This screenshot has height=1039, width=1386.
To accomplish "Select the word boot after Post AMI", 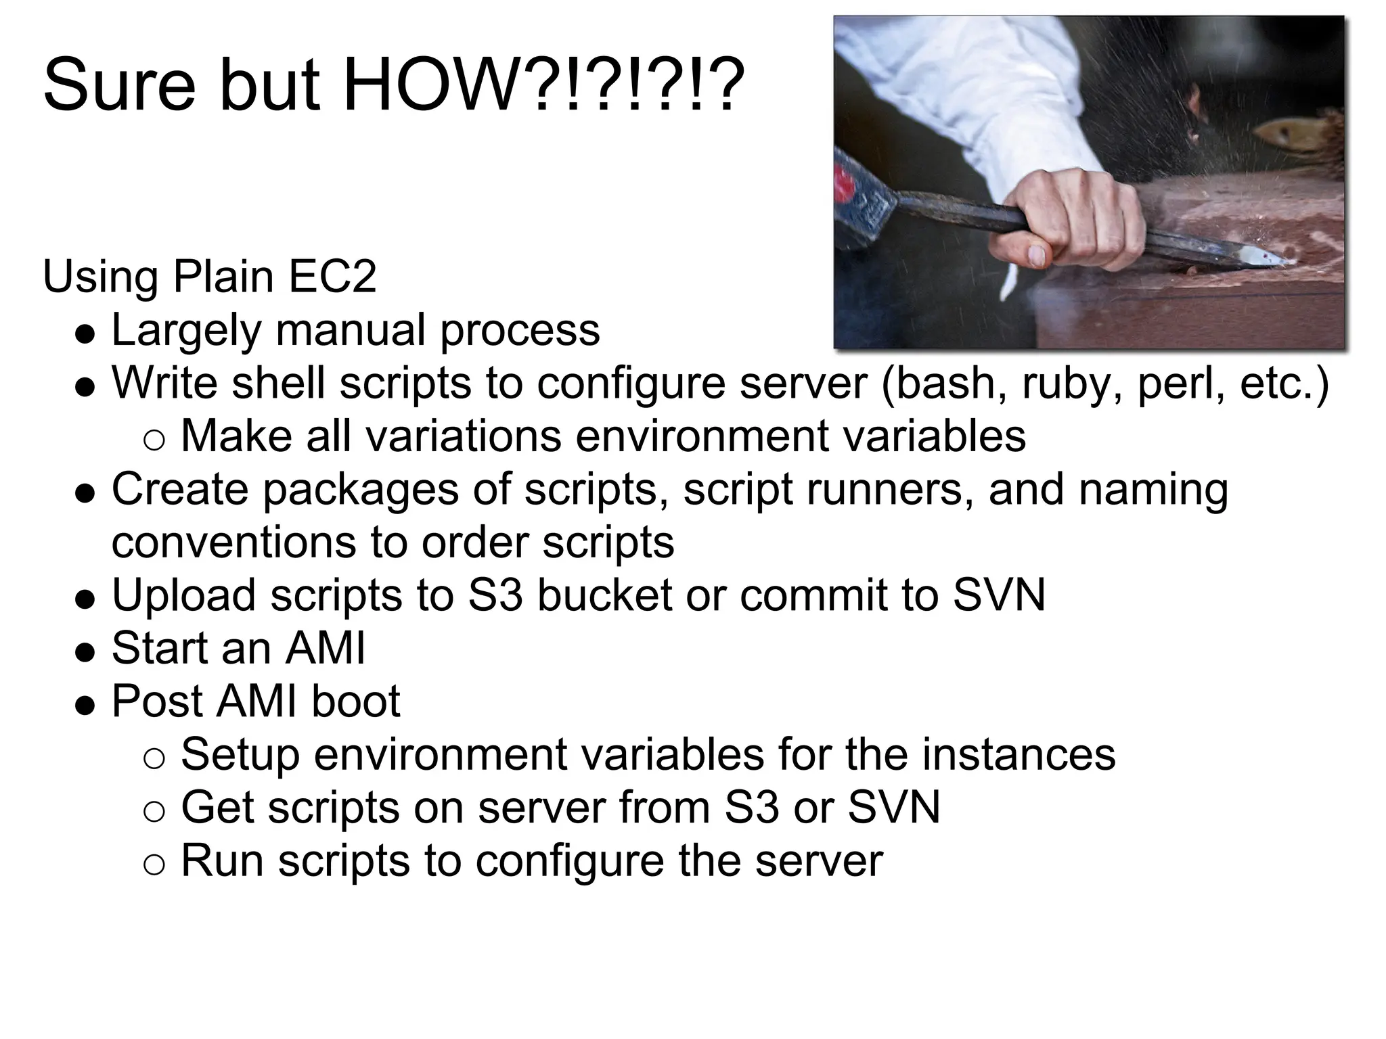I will coord(355,701).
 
